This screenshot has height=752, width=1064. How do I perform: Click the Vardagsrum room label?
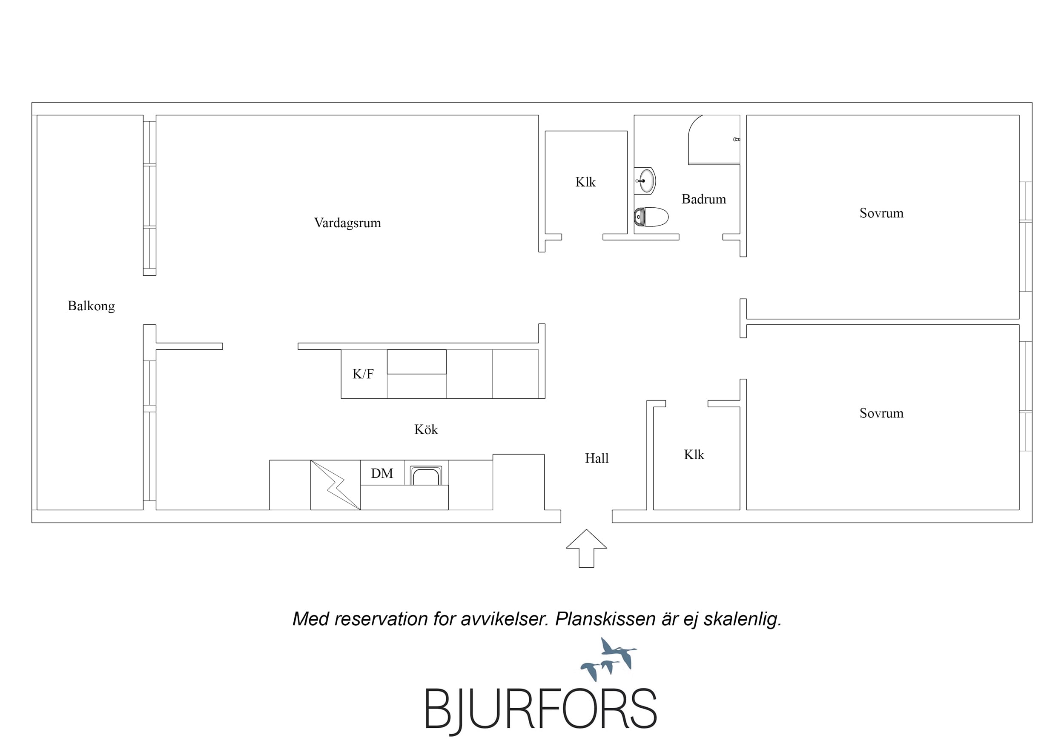pyautogui.click(x=347, y=223)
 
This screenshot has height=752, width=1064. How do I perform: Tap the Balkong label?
pyautogui.click(x=91, y=306)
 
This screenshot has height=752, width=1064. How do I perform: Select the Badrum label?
pyautogui.click(x=703, y=199)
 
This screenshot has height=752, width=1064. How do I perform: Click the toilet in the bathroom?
pyautogui.click(x=651, y=216)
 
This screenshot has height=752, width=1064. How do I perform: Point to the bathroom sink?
pyautogui.click(x=645, y=181)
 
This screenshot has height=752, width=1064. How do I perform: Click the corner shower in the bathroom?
pyautogui.click(x=714, y=140)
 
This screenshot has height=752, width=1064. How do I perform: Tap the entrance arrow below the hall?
pyautogui.click(x=586, y=548)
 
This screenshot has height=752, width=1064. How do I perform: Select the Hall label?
pyautogui.click(x=597, y=458)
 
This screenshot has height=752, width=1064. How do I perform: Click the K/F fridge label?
pyautogui.click(x=363, y=374)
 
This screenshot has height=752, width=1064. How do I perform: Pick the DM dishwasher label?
pyautogui.click(x=382, y=473)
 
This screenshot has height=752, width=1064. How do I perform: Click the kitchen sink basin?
pyautogui.click(x=425, y=475)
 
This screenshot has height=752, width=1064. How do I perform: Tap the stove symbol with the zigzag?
pyautogui.click(x=336, y=485)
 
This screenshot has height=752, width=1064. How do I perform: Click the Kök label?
pyautogui.click(x=426, y=429)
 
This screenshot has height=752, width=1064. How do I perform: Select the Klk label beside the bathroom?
pyautogui.click(x=585, y=182)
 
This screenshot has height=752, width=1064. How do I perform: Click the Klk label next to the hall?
pyautogui.click(x=694, y=455)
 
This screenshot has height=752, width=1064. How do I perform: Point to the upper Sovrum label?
pyautogui.click(x=881, y=213)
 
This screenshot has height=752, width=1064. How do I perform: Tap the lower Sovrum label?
pyautogui.click(x=881, y=413)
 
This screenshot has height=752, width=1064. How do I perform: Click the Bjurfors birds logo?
pyautogui.click(x=608, y=659)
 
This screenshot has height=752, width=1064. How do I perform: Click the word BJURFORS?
pyautogui.click(x=541, y=709)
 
